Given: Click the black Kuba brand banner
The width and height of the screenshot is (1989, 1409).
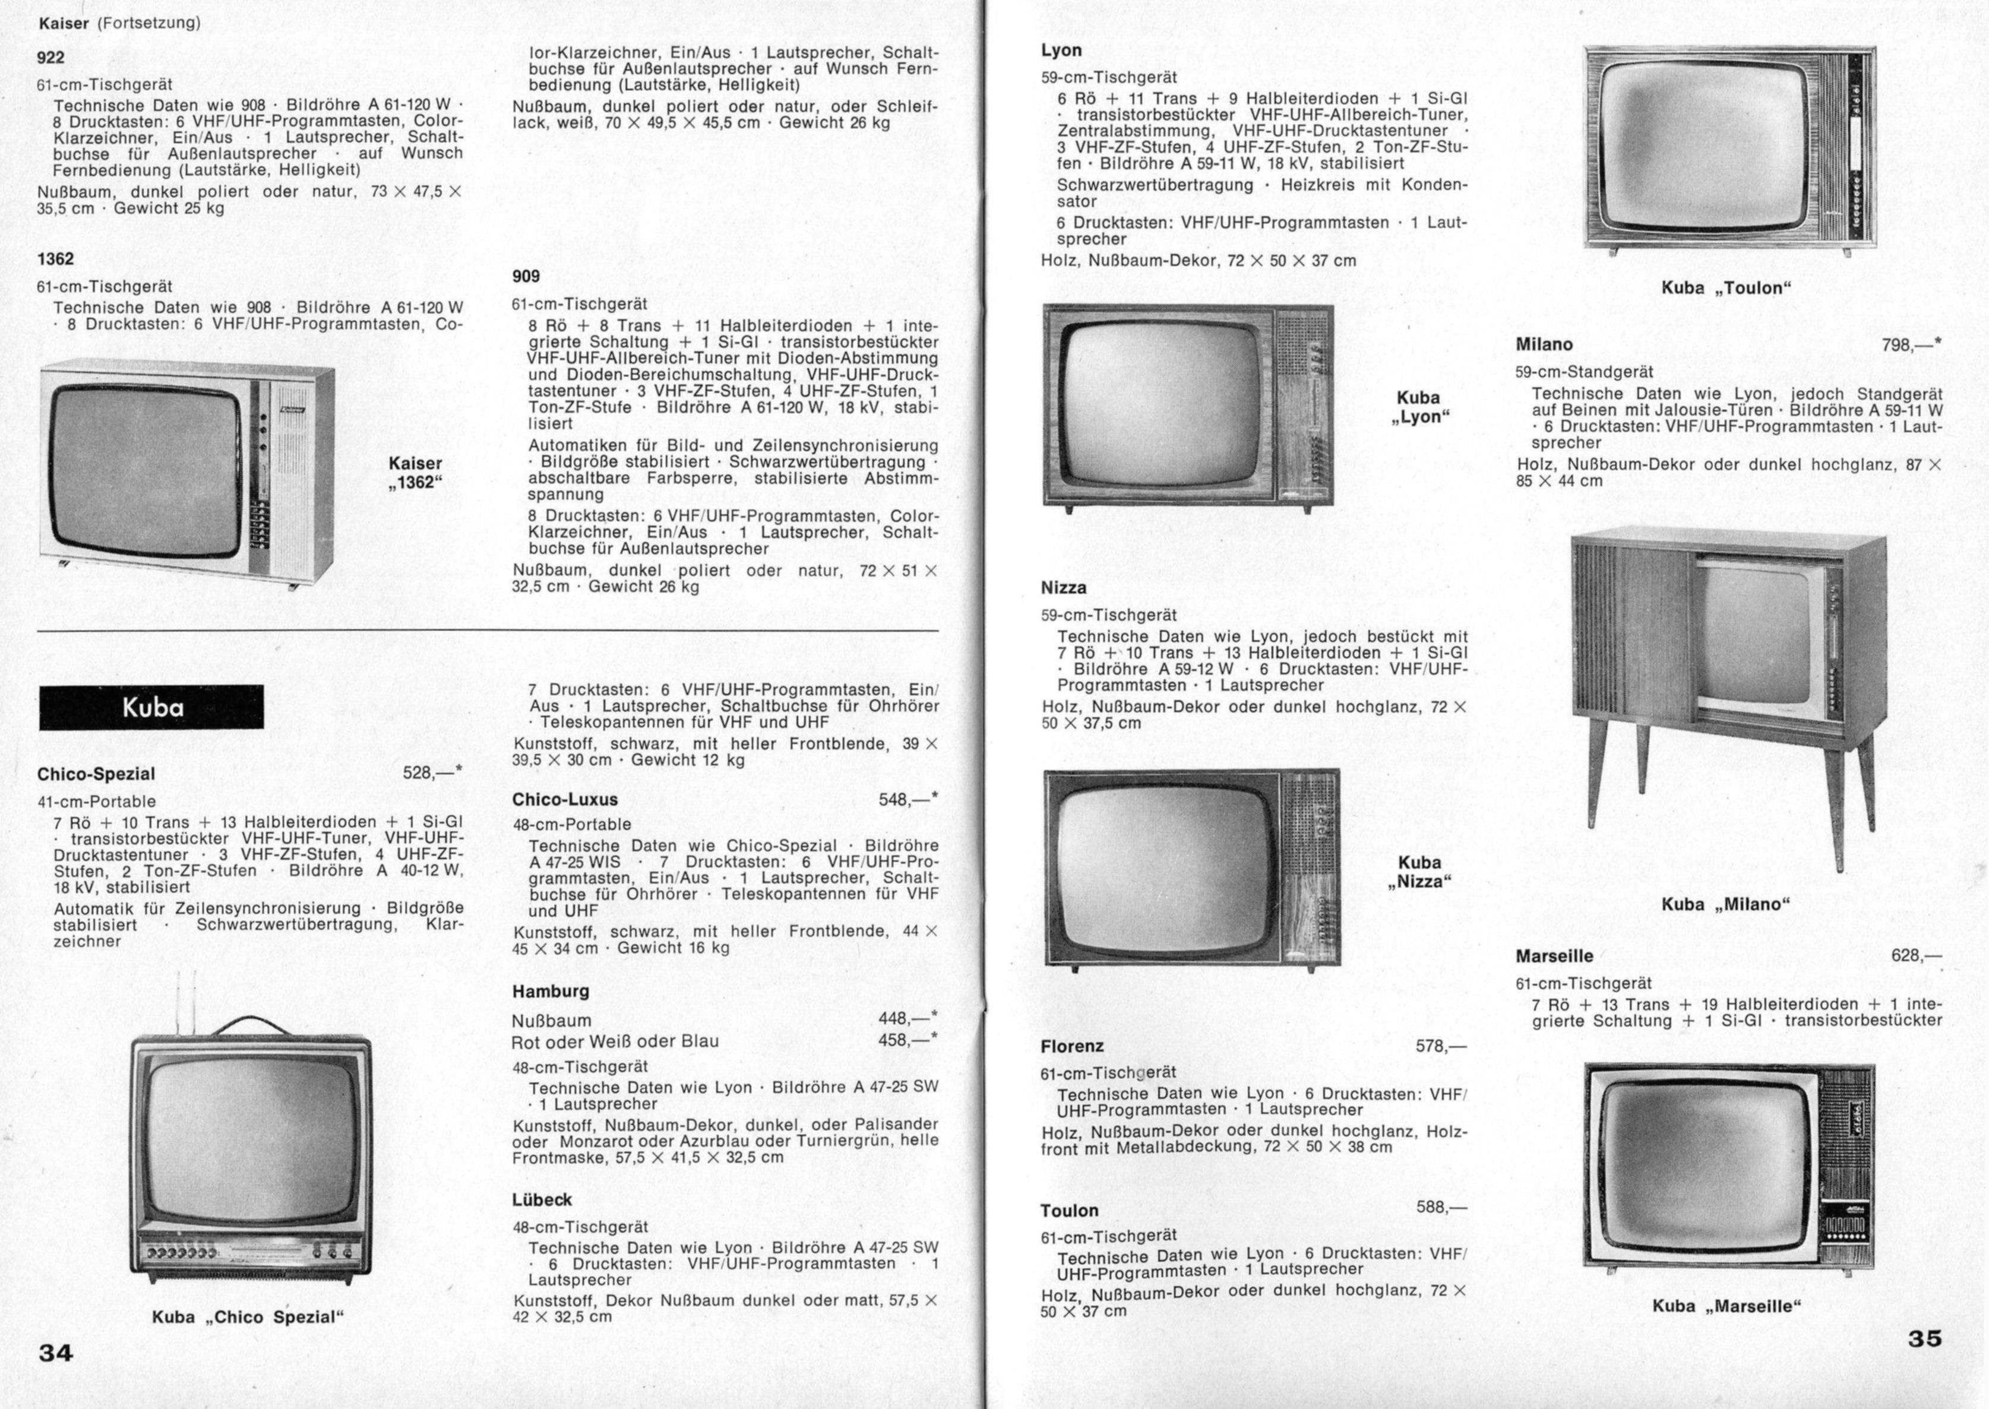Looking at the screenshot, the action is coord(152,707).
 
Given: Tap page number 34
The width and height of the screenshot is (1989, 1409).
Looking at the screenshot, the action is coord(56,1352).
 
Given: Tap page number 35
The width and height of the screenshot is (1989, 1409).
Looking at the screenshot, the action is coord(1925,1338).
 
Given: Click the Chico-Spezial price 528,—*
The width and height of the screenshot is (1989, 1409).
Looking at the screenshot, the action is coord(433,772).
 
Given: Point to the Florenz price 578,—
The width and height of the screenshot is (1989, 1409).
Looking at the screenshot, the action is coord(1441,1046).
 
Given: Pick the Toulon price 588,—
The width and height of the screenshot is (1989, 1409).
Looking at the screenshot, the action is coord(1441,1207).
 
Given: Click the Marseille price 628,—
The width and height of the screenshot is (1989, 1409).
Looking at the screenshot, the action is coord(1917,956).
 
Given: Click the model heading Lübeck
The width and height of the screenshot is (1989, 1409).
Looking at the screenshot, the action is coord(542,1200).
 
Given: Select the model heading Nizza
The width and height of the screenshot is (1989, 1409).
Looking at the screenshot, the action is coord(1064,587).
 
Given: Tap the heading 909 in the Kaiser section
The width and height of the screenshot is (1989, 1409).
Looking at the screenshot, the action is coord(526,276).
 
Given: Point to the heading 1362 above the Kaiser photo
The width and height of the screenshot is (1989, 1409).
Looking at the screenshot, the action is coord(56,258).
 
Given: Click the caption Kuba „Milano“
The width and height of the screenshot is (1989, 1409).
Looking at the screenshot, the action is coord(1726,904).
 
